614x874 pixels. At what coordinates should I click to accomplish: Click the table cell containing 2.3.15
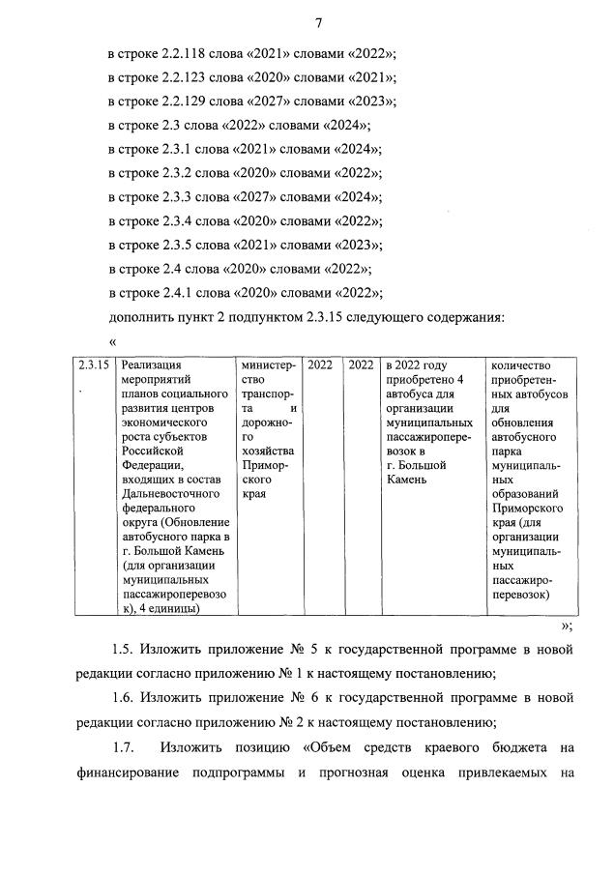coord(94,365)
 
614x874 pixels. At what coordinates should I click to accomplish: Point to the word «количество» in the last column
coord(521,365)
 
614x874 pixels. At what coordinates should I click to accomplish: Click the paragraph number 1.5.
coord(124,650)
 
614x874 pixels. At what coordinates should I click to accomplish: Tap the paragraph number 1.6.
coord(124,698)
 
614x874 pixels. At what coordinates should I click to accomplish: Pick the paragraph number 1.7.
coord(124,747)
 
